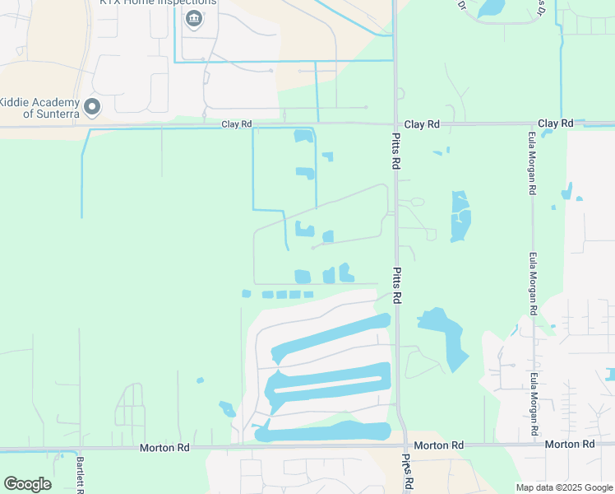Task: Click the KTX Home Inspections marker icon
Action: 194,20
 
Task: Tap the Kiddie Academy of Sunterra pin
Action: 92,107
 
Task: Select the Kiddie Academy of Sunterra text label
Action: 39,107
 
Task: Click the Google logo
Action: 27,484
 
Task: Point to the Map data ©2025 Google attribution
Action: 565,487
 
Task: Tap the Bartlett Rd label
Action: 81,475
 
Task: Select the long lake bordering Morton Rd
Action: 323,431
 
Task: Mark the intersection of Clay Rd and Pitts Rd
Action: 395,124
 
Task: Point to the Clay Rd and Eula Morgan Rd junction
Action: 531,124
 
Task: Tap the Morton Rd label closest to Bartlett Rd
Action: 164,447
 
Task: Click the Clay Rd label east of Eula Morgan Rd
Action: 556,123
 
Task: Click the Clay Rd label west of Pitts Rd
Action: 236,124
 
